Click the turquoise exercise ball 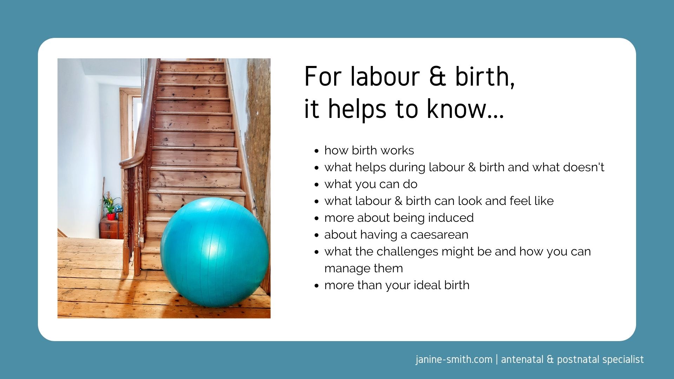coord(214,252)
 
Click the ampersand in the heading coord(437,77)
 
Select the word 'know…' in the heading coord(465,109)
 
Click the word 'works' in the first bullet coord(397,151)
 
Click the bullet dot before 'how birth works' coord(317,151)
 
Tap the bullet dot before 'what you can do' coord(317,185)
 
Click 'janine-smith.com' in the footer coord(454,360)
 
